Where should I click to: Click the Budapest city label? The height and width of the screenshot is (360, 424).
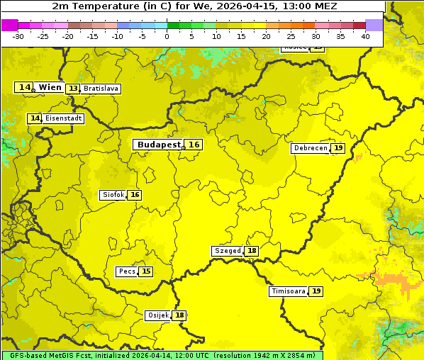point(159,145)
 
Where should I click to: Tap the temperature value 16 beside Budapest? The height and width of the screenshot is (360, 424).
point(194,145)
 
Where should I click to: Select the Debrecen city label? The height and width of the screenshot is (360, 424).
point(311,148)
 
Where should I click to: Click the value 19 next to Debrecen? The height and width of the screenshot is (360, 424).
point(338,148)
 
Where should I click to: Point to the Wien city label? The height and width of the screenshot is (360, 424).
point(50,87)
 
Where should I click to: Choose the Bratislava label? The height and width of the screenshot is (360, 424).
point(100,89)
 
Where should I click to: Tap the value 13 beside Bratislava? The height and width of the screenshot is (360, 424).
point(73,89)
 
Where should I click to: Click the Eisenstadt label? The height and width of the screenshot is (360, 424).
point(63,118)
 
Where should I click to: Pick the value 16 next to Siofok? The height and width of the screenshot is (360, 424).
point(135,195)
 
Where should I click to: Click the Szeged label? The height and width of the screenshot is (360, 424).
point(228,251)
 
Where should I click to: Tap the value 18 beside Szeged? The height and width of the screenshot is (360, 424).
point(252,251)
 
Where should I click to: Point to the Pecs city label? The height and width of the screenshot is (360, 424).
point(127,271)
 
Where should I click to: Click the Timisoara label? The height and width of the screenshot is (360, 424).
point(289,291)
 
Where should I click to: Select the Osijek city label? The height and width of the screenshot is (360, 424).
point(157,315)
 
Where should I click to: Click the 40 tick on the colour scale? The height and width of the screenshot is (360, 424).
point(365,36)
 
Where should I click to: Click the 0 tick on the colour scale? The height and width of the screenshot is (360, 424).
point(167,36)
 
